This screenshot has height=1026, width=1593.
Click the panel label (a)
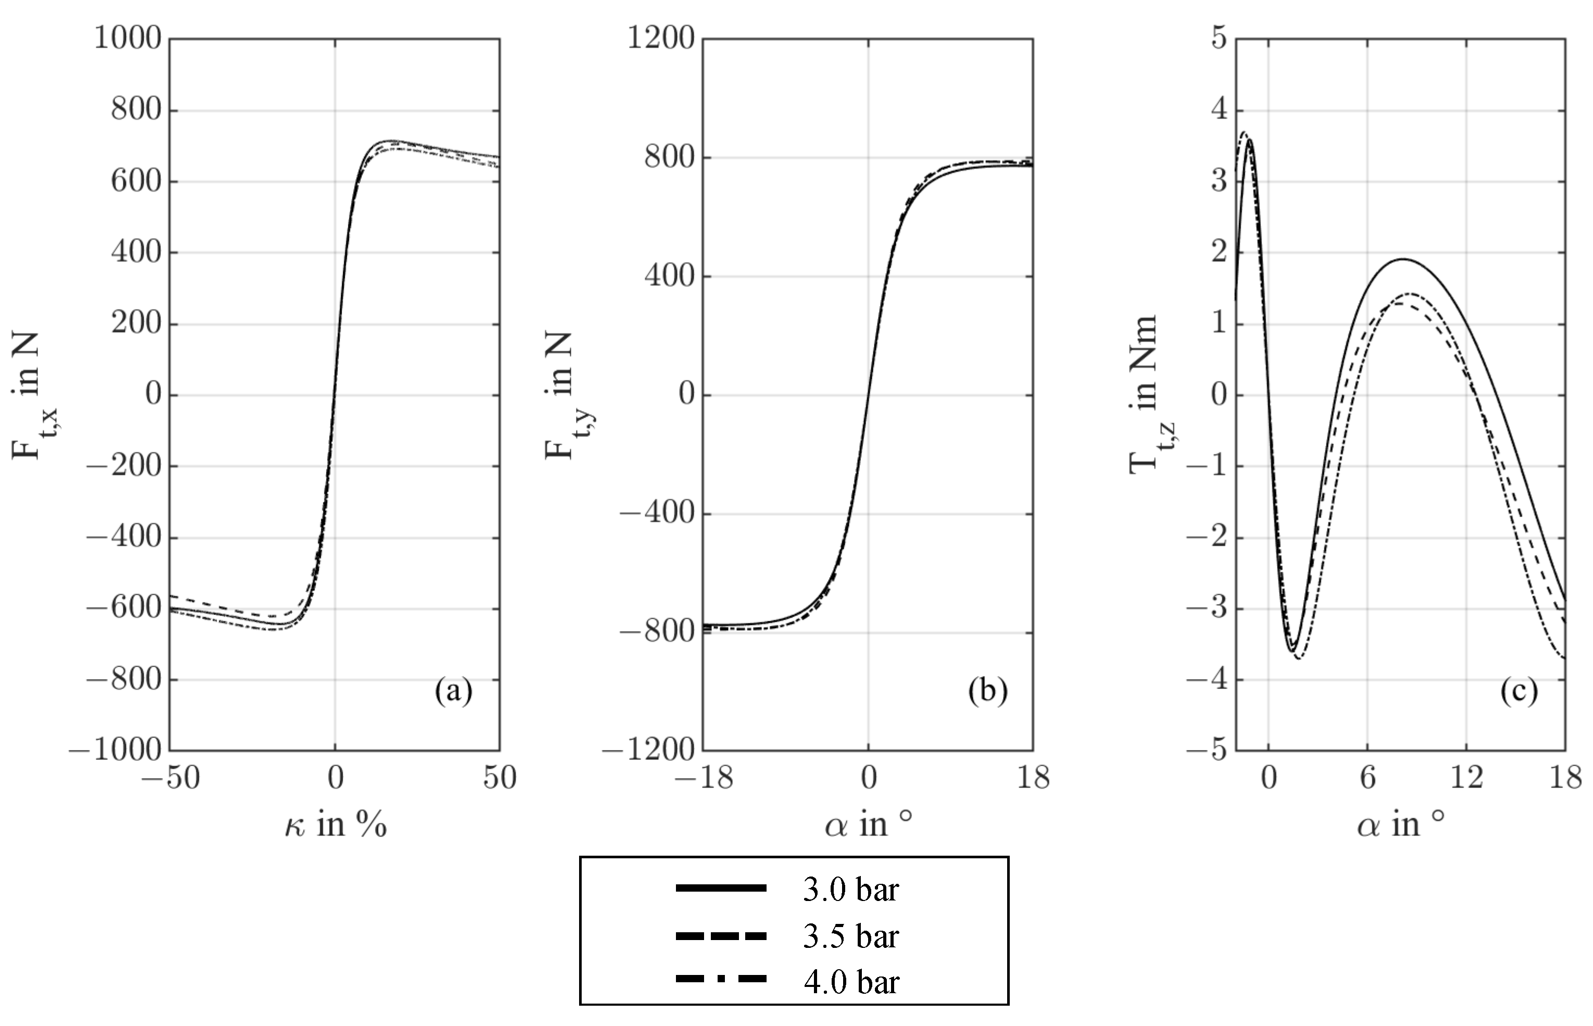(x=454, y=692)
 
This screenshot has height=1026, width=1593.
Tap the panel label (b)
(x=988, y=692)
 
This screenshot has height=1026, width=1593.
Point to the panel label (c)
(x=1519, y=692)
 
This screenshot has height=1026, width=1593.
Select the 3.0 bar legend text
(x=850, y=890)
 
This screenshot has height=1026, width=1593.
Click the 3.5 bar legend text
(x=850, y=936)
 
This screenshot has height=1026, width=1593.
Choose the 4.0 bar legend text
(x=850, y=982)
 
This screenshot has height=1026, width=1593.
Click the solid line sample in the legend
(x=721, y=888)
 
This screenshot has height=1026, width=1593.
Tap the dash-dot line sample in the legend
(x=721, y=979)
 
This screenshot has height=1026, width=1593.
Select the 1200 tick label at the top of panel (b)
(x=661, y=38)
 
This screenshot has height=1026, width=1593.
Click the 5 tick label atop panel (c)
(x=1219, y=38)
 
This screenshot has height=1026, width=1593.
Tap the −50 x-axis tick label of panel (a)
(x=170, y=778)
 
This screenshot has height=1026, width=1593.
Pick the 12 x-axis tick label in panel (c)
(x=1466, y=778)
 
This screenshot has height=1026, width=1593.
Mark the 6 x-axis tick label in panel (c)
(x=1367, y=778)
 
